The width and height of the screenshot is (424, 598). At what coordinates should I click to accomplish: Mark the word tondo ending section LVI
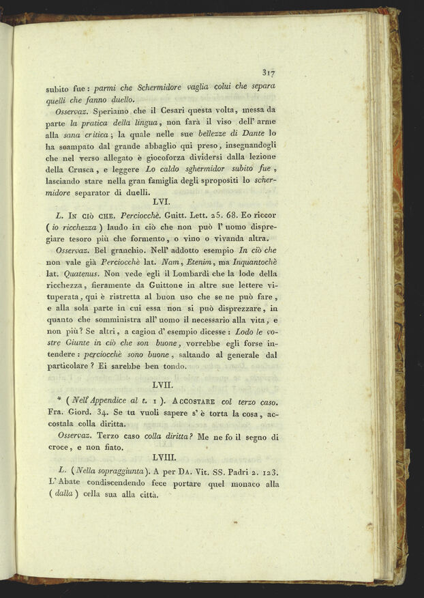pos(172,367)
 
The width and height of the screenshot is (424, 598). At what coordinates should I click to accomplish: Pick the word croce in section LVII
pos(60,448)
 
